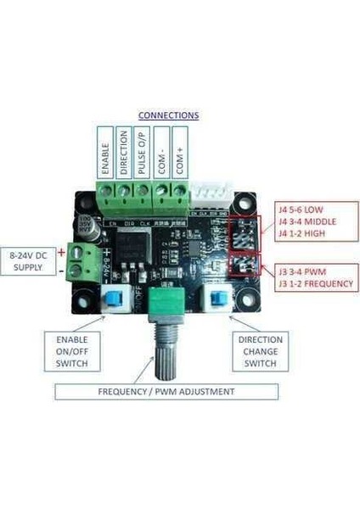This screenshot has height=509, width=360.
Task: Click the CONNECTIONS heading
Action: tap(168, 115)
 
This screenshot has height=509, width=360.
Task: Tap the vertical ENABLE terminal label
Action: tap(105, 153)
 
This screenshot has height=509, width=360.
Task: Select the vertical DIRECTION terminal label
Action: tap(124, 153)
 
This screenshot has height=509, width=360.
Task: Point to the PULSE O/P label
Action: tap(143, 153)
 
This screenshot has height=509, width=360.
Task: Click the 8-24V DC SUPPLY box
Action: tap(31, 260)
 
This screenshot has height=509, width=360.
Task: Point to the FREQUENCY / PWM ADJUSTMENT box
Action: tap(166, 393)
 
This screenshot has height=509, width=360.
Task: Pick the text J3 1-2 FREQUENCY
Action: tap(315, 284)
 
